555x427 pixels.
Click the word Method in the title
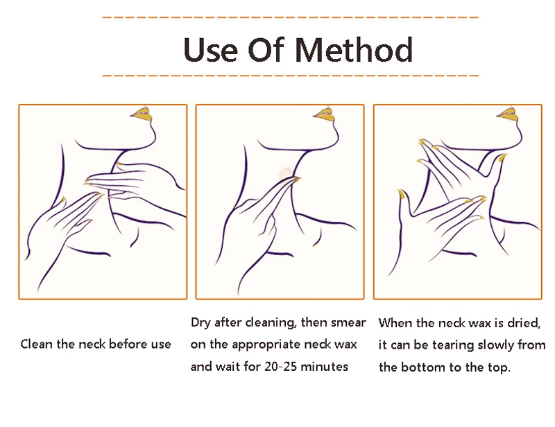point(354,49)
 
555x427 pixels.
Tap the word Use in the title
point(210,49)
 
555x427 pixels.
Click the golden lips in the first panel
point(142,114)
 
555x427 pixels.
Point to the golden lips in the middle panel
point(324,114)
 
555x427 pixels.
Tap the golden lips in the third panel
point(508,114)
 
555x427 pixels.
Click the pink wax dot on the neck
point(284,173)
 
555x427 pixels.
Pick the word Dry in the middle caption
point(201,323)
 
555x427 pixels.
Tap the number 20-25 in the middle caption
point(281,367)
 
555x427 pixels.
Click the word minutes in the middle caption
point(324,367)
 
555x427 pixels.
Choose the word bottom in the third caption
point(423,367)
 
